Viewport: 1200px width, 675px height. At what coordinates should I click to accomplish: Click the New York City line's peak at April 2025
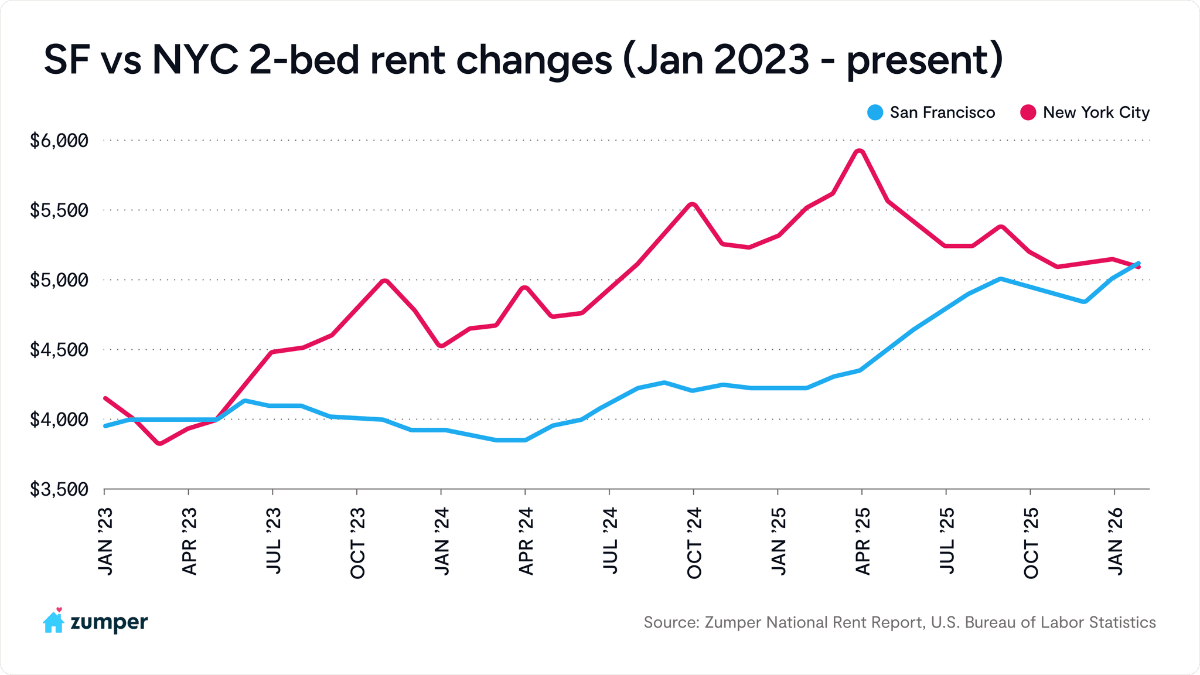tap(860, 151)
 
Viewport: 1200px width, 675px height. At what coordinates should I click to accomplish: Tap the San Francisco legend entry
tap(932, 112)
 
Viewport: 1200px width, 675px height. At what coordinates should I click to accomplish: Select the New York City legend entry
tap(1085, 112)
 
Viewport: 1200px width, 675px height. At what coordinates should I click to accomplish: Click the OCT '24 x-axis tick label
tap(694, 543)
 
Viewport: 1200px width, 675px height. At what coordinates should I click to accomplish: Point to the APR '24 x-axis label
tap(526, 541)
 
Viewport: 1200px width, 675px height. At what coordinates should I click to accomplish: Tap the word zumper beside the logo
tap(109, 622)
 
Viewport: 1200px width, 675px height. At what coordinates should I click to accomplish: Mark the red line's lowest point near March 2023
tap(159, 444)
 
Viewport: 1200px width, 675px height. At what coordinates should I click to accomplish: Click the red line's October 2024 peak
tap(693, 204)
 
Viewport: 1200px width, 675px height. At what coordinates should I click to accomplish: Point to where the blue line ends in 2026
tap(1138, 263)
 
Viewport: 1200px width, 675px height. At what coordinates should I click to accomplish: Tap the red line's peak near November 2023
tap(384, 281)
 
